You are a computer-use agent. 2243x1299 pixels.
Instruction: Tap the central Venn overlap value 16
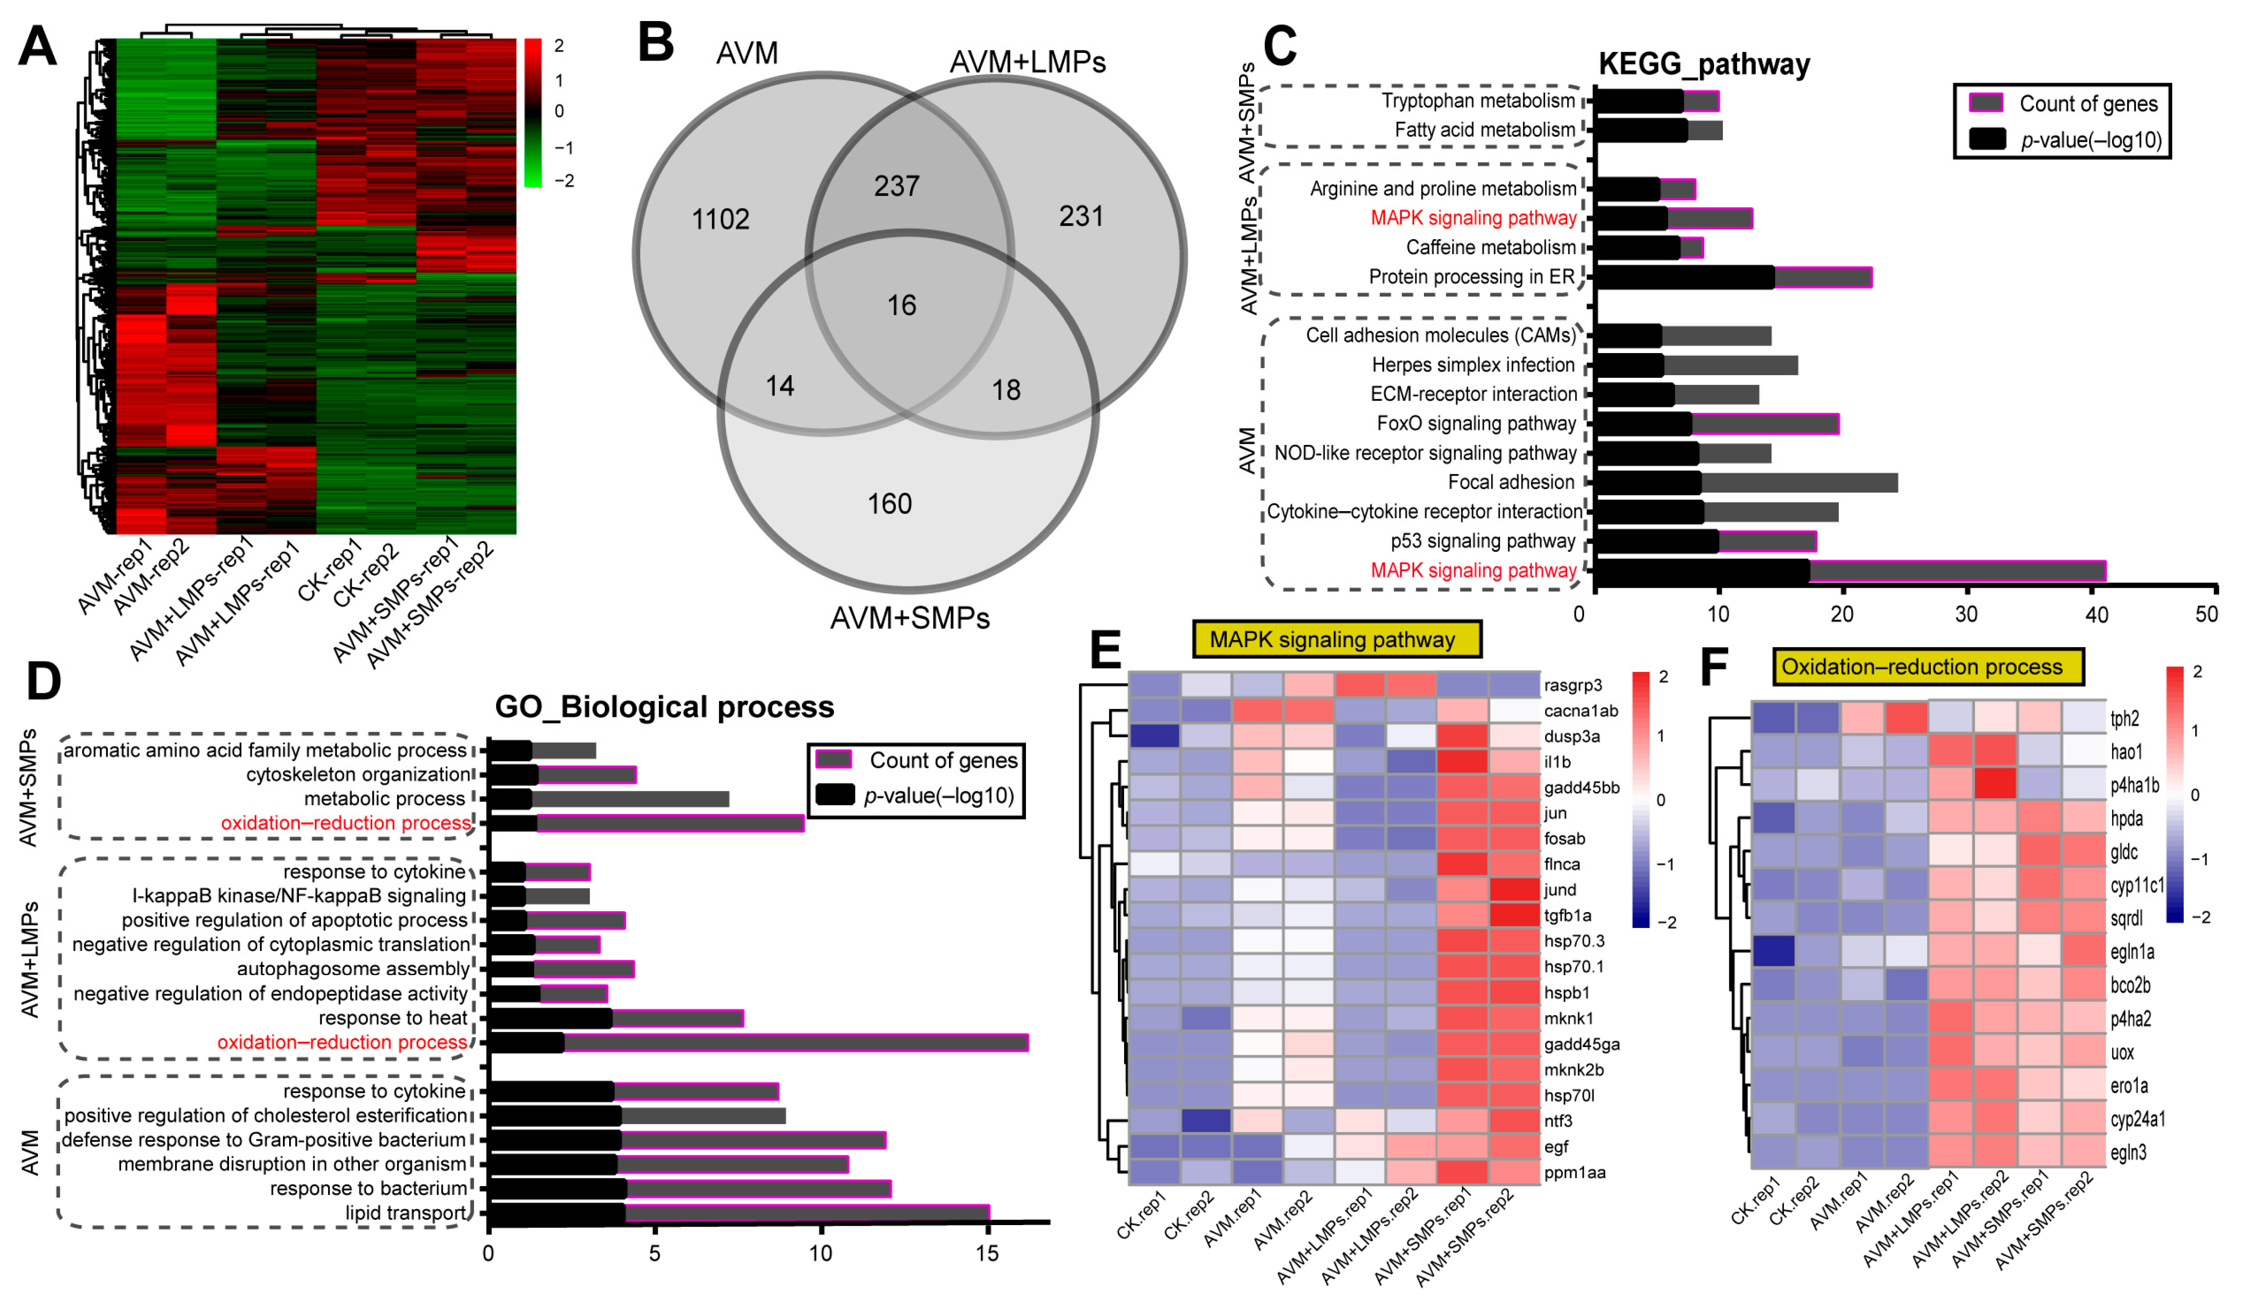point(901,305)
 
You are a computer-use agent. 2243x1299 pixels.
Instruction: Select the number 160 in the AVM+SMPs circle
point(889,503)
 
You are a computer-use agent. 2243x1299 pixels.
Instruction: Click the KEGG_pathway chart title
point(1704,64)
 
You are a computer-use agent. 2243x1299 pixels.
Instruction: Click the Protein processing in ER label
point(1471,277)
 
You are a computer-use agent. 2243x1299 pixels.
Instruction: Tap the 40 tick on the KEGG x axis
point(2096,614)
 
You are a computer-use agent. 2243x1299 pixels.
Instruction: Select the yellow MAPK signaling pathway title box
point(1336,639)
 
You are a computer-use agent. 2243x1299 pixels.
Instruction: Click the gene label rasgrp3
point(1573,685)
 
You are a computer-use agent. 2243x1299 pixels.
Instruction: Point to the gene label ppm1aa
point(1574,1173)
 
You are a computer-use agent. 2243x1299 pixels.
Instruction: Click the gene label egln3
point(2128,1153)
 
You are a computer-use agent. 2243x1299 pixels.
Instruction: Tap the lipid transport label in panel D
point(406,1213)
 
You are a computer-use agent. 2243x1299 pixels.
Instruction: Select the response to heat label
point(392,1018)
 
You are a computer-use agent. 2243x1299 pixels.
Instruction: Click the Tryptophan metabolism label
point(1477,101)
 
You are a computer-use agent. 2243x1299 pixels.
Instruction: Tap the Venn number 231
point(1080,216)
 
